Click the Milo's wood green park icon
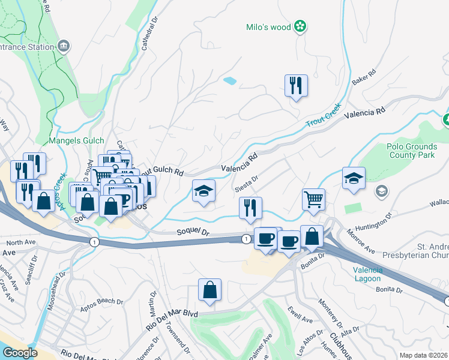point(300,27)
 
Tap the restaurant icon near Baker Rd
point(296,86)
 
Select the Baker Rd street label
point(364,78)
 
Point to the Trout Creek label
point(324,115)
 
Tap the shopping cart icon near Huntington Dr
point(314,199)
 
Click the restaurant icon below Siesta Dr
point(250,208)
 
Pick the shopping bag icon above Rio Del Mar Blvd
point(209,290)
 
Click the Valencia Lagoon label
point(367,274)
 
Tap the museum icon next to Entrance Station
point(64,45)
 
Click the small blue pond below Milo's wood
point(229,80)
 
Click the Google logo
point(20,353)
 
